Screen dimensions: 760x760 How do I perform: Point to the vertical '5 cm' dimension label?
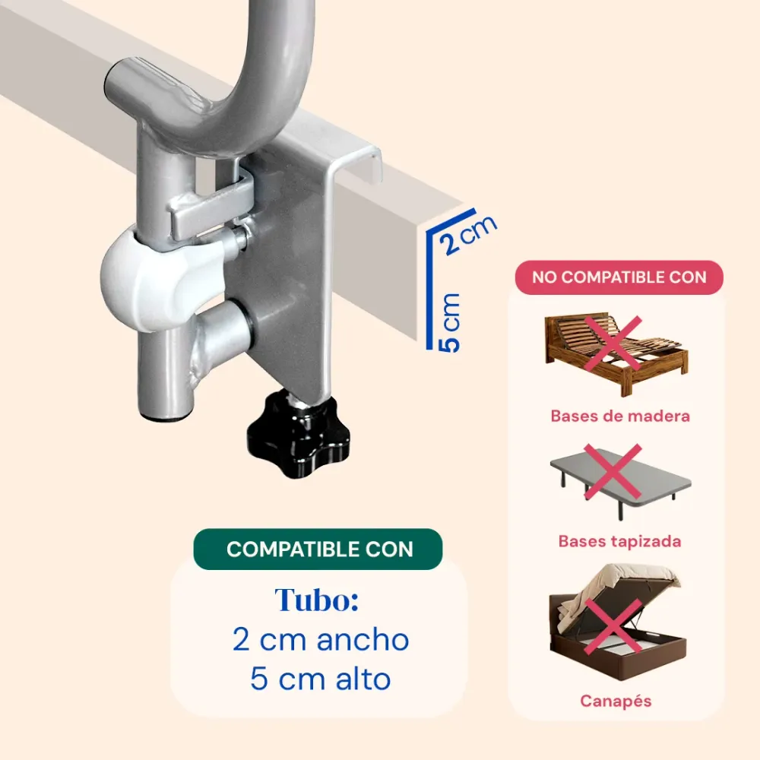pyautogui.click(x=449, y=321)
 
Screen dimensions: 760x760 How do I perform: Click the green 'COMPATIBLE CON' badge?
pyautogui.click(x=318, y=549)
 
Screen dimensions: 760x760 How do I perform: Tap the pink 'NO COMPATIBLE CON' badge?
pyautogui.click(x=619, y=277)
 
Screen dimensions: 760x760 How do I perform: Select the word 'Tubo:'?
pyautogui.click(x=317, y=600)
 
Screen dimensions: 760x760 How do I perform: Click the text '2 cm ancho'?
pyautogui.click(x=321, y=640)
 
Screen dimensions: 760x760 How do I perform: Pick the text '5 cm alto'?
pyautogui.click(x=321, y=679)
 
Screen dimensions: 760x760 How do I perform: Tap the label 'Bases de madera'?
pyautogui.click(x=620, y=416)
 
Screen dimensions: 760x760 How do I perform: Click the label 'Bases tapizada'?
pyautogui.click(x=620, y=541)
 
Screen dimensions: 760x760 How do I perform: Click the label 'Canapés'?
pyautogui.click(x=616, y=701)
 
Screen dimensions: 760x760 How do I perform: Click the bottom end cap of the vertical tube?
pyautogui.click(x=165, y=413)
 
